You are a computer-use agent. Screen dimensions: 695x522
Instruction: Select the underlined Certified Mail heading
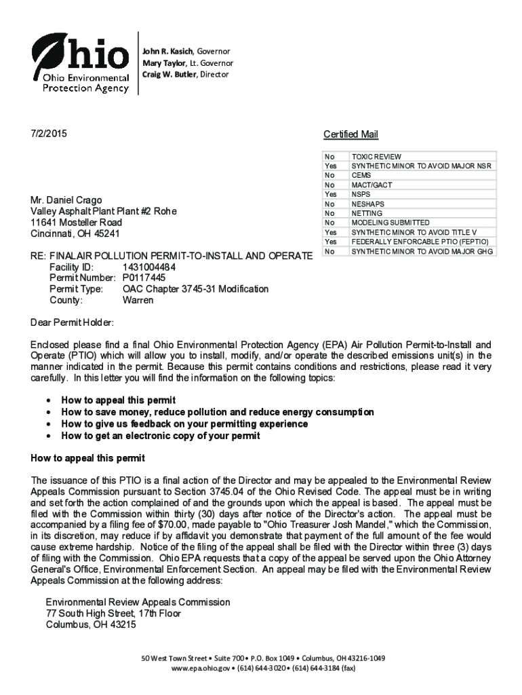point(350,134)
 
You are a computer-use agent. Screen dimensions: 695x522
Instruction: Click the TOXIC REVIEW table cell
point(376,157)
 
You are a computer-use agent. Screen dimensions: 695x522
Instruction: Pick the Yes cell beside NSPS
point(331,194)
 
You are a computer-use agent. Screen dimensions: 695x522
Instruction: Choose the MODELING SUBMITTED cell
point(390,223)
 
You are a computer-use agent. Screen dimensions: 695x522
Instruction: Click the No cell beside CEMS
point(329,175)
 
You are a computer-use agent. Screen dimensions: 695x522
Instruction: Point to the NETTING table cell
point(366,213)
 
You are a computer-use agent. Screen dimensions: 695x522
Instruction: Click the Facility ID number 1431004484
point(149,267)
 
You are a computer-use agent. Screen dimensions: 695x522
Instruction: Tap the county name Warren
point(138,300)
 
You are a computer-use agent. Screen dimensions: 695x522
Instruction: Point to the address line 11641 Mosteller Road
point(77,223)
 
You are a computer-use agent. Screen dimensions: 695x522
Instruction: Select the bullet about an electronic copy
point(160,436)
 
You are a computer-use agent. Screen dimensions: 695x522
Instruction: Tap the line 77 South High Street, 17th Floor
point(113,614)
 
